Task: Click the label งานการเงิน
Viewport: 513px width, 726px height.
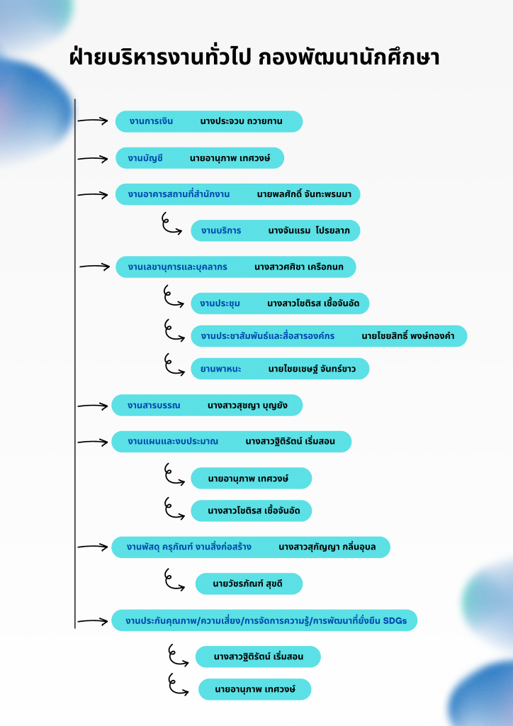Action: (x=151, y=121)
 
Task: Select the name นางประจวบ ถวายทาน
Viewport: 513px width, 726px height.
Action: (x=241, y=121)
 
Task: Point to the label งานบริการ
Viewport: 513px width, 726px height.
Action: (x=220, y=230)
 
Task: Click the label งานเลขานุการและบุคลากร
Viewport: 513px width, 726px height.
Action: (x=177, y=267)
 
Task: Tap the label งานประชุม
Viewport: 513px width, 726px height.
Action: (x=220, y=303)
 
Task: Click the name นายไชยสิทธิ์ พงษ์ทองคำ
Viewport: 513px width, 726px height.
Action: (x=407, y=335)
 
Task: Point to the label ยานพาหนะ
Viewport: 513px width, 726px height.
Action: (x=220, y=369)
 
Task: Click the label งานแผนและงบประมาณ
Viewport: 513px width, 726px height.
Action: (x=173, y=442)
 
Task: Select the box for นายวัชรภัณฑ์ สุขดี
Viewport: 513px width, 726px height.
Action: (x=249, y=584)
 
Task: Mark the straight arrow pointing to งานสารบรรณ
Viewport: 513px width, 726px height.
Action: (x=92, y=406)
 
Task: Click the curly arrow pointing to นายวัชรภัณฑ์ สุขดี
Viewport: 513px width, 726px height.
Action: (x=174, y=580)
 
